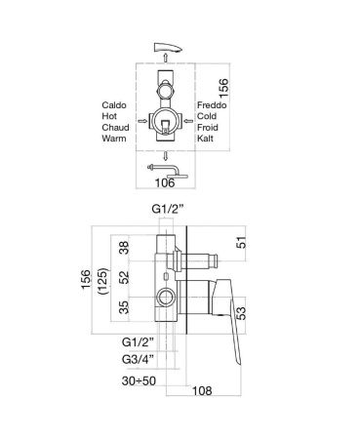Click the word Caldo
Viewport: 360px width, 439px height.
114,105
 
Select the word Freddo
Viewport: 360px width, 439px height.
212,105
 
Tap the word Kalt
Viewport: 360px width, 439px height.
205,139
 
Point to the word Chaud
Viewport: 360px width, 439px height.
115,127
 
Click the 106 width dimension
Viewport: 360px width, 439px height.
165,182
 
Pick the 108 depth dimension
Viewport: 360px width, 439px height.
202,391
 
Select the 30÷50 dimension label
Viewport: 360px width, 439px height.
139,380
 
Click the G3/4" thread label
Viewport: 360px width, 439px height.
138,360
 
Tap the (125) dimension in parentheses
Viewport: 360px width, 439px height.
103,281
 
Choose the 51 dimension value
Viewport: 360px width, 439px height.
241,243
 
